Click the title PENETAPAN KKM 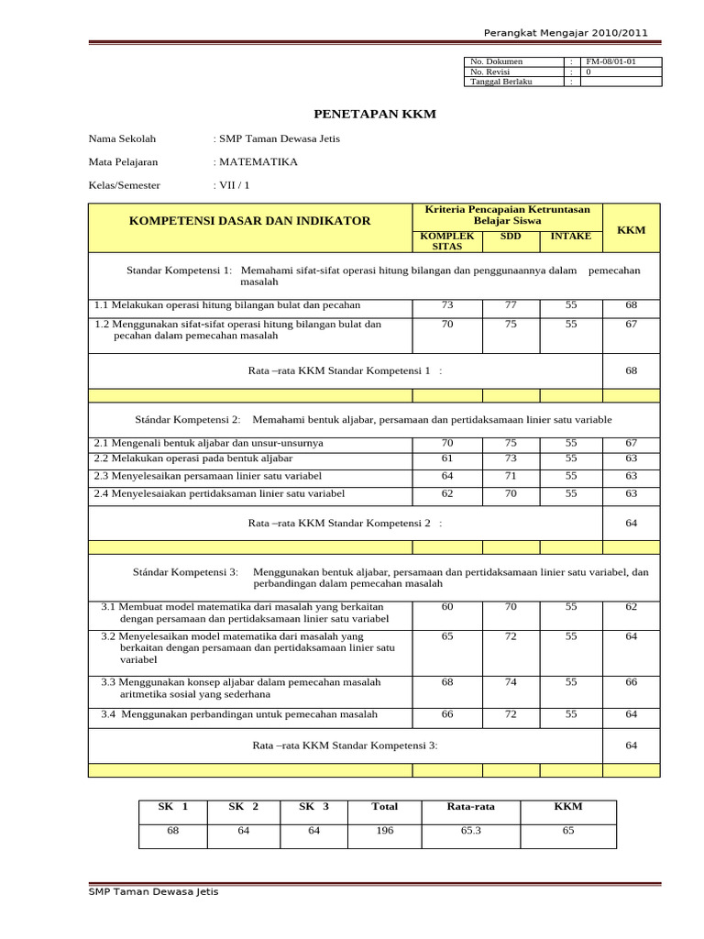tap(375, 115)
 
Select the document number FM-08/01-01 tap(611, 61)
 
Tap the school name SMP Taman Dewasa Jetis tap(278, 139)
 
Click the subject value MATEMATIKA tap(258, 161)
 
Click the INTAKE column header tap(570, 237)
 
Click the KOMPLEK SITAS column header tap(446, 241)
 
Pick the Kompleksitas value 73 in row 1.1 tap(447, 304)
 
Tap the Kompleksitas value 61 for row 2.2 tap(447, 458)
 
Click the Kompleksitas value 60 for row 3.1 tap(447, 607)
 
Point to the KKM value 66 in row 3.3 tap(632, 682)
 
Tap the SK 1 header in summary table tap(173, 807)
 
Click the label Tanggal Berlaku tap(500, 82)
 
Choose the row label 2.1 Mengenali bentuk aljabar tap(208, 443)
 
